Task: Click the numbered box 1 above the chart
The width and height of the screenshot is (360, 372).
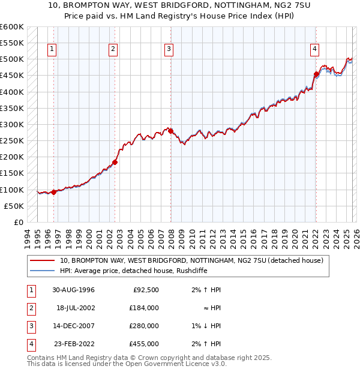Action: (53, 49)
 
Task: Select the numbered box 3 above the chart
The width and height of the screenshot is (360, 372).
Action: (169, 49)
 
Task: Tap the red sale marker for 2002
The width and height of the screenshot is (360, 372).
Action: (115, 162)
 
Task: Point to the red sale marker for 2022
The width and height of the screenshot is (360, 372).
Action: (316, 74)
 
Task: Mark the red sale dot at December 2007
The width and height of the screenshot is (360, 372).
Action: (170, 131)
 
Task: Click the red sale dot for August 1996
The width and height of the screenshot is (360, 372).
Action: (53, 192)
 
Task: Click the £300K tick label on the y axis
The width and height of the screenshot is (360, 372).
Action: (12, 124)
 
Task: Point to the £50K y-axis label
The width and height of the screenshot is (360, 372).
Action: (14, 206)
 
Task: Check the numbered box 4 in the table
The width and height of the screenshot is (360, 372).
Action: (29, 344)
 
